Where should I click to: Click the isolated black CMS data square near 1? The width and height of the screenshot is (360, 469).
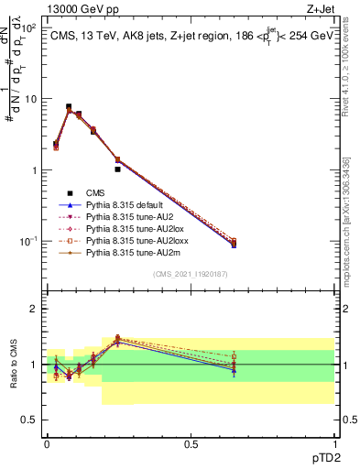tap(117, 169)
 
